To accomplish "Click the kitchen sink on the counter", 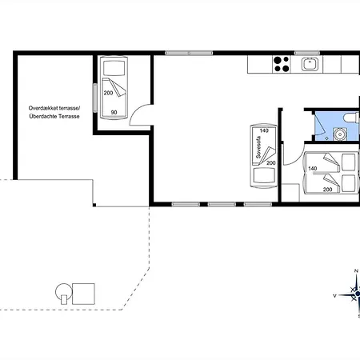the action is pyautogui.click(x=310, y=64).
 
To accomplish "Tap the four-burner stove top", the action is pyautogui.click(x=282, y=64).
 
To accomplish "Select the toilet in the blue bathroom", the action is pyautogui.click(x=351, y=118).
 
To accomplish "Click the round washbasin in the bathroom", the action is pyautogui.click(x=339, y=134).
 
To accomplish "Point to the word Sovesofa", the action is pyautogui.click(x=258, y=147).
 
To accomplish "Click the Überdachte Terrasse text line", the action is pyautogui.click(x=54, y=116).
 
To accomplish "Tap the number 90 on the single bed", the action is pyautogui.click(x=114, y=112).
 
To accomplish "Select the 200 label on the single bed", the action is pyautogui.click(x=108, y=93).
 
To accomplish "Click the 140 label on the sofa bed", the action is pyautogui.click(x=264, y=130).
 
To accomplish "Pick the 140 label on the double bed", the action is pyautogui.click(x=312, y=168).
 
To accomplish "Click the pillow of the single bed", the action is pyautogui.click(x=114, y=68).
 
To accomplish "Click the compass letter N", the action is pyautogui.click(x=356, y=271).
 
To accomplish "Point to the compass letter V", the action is pyautogui.click(x=334, y=295).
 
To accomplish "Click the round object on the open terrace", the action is pyautogui.click(x=63, y=291).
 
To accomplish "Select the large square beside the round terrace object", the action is pyautogui.click(x=83, y=294).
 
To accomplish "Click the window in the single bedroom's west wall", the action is pyautogui.click(x=94, y=98).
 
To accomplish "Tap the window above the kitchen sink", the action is pyautogui.click(x=307, y=53).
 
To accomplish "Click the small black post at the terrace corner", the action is pyautogui.click(x=94, y=205).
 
